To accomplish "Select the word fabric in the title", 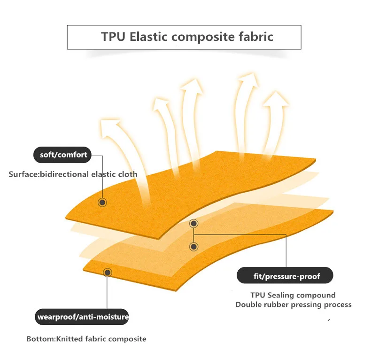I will click(256, 37).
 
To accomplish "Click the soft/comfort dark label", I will click(61, 155).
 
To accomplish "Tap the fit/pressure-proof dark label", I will click(285, 276).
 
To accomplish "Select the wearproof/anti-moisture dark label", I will click(83, 317).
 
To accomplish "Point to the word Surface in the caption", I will click(23, 174).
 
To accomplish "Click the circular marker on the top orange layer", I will click(102, 202).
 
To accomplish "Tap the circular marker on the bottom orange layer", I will click(108, 272).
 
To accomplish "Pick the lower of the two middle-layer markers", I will click(193, 246).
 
